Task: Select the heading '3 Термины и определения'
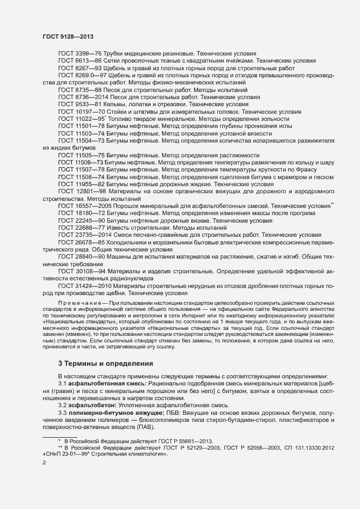click(x=99, y=363)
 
